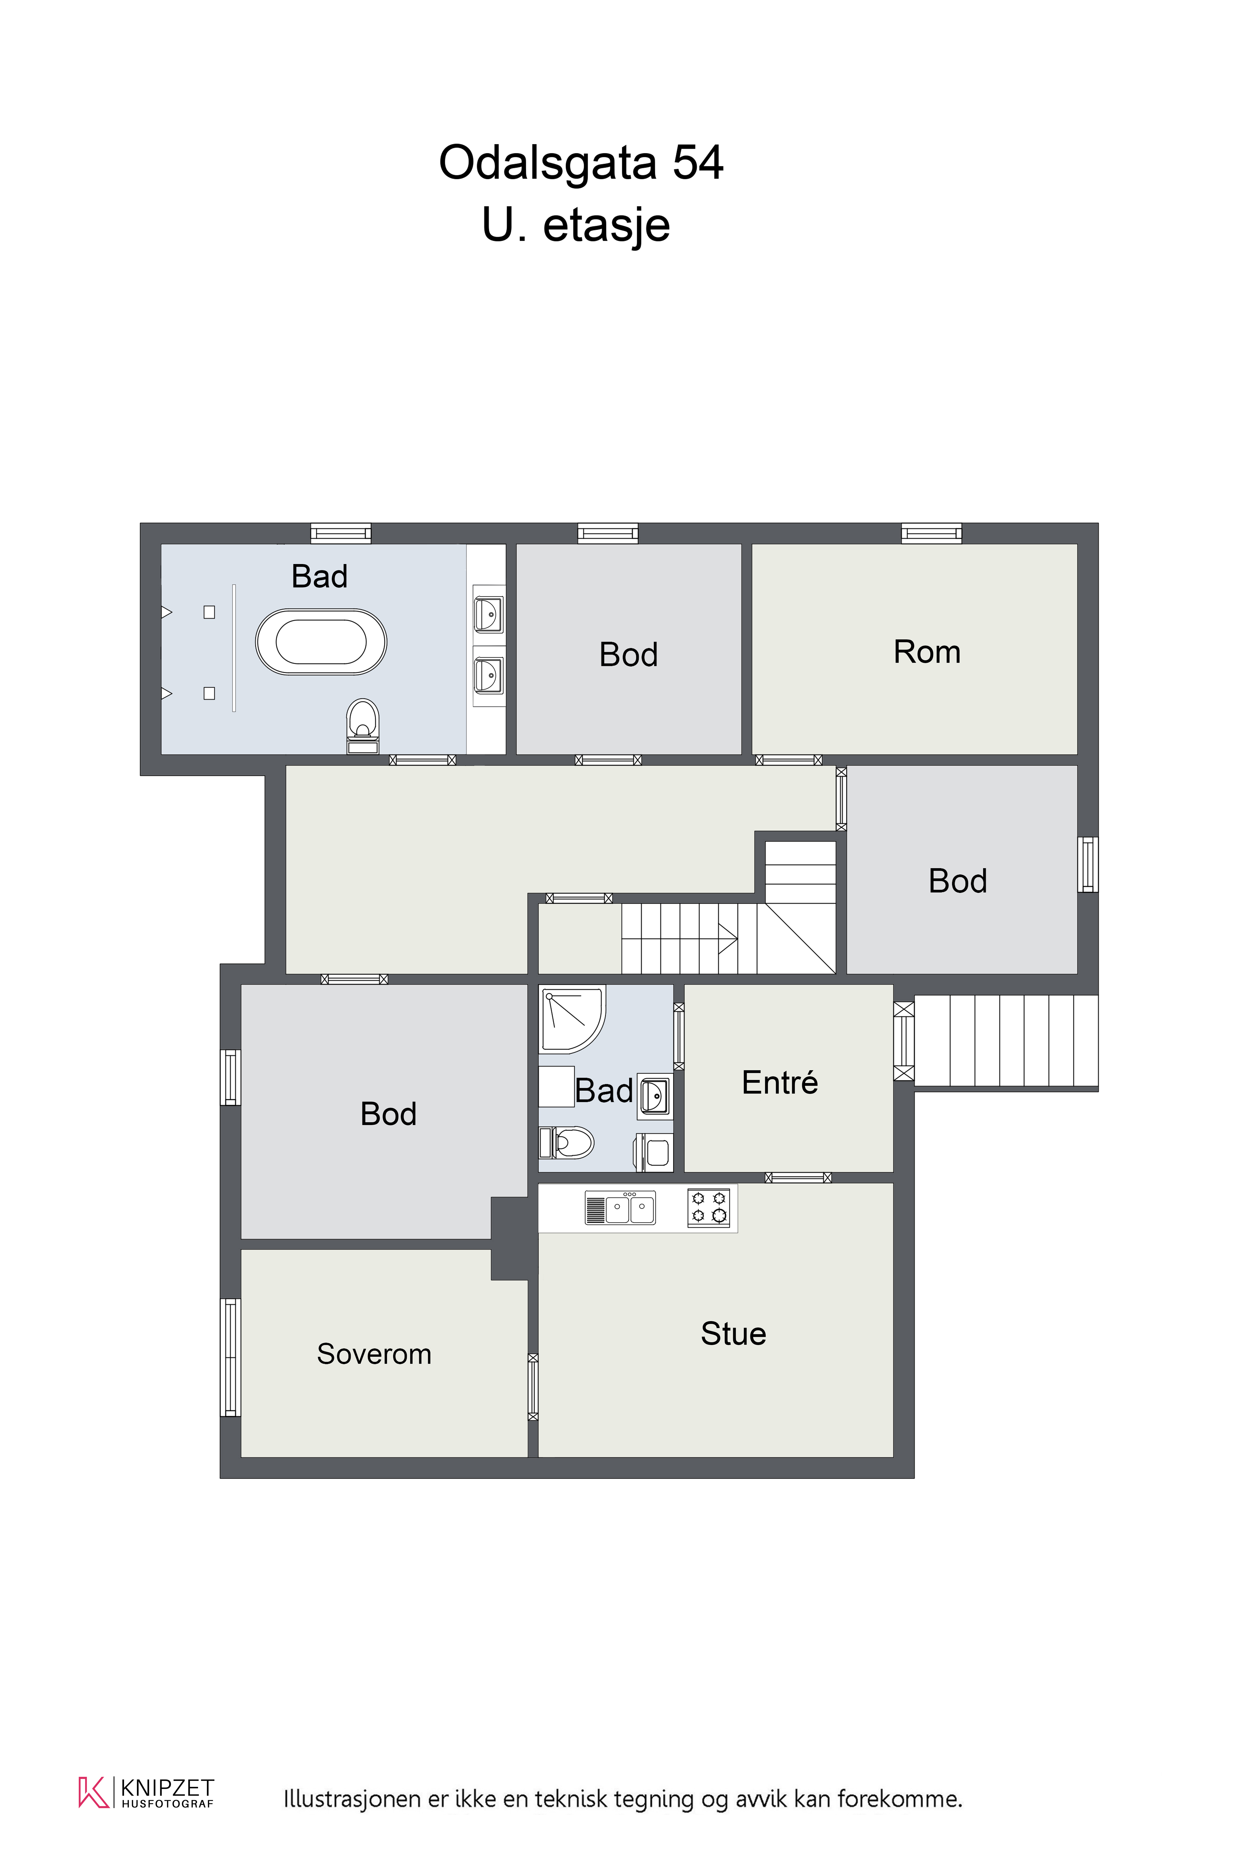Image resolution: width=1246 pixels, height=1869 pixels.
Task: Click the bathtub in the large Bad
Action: coord(321,642)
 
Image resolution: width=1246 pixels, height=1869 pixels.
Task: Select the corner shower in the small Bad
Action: coord(572,1019)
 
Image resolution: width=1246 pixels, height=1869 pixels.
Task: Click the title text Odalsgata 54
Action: coord(581,163)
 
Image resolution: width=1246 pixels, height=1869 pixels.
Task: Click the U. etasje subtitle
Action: coord(576,225)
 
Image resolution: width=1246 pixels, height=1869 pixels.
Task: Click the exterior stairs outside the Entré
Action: coord(1006,1041)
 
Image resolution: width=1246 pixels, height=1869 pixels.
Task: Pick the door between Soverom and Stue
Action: coord(533,1387)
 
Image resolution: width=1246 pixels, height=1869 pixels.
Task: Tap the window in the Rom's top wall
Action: coord(931,533)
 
